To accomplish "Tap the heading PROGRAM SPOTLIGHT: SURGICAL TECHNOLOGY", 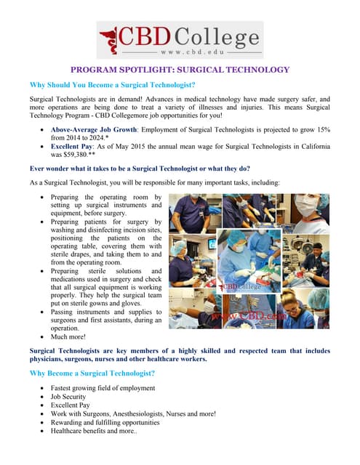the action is [x=180, y=70].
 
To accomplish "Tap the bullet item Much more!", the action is [x=68, y=337].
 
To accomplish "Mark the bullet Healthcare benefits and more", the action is [x=95, y=431].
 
